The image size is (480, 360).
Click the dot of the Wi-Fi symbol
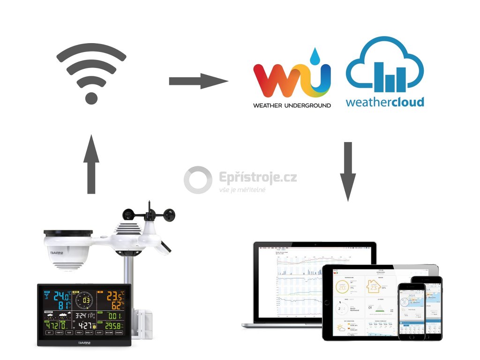pyautogui.click(x=91, y=98)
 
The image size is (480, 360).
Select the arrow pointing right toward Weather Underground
pyautogui.click(x=198, y=81)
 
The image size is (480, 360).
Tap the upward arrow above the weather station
pyautogui.click(x=91, y=164)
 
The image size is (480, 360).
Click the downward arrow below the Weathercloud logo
pyautogui.click(x=348, y=171)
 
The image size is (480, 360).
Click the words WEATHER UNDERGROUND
pyautogui.click(x=292, y=105)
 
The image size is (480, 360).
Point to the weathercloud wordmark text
pyautogui.click(x=385, y=102)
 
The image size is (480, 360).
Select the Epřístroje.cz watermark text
pyautogui.click(x=258, y=178)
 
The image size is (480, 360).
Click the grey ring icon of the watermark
pyautogui.click(x=198, y=180)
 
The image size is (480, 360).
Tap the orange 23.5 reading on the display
pyautogui.click(x=114, y=296)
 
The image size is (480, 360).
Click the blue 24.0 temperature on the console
pyautogui.click(x=62, y=296)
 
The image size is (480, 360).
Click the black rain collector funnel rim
pyautogui.click(x=68, y=232)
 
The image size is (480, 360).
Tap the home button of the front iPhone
pyautogui.click(x=412, y=337)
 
